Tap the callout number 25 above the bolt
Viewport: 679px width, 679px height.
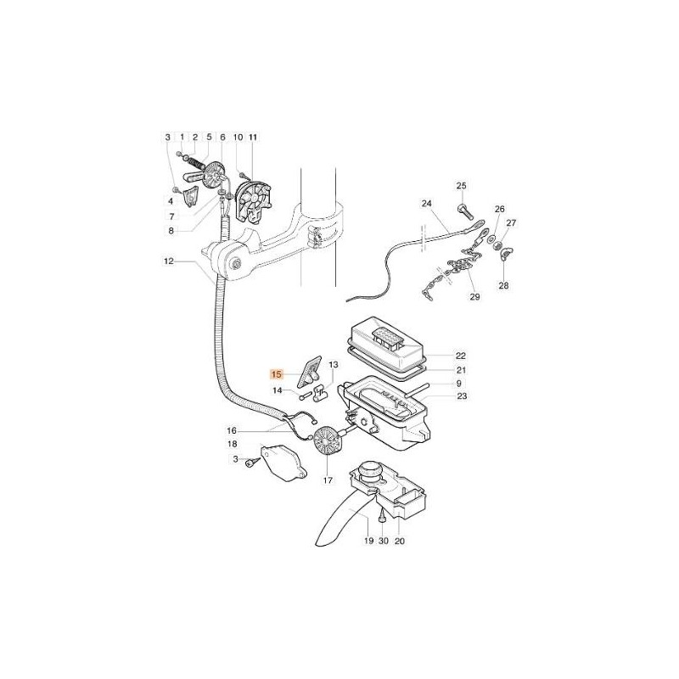(462, 186)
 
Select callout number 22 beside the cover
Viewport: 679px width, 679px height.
(459, 356)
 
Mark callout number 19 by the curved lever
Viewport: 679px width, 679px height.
(368, 541)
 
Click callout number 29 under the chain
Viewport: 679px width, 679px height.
(474, 297)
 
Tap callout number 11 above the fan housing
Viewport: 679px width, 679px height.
(251, 137)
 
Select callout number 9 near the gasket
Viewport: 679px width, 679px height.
(459, 383)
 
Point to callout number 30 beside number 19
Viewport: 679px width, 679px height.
(384, 541)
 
